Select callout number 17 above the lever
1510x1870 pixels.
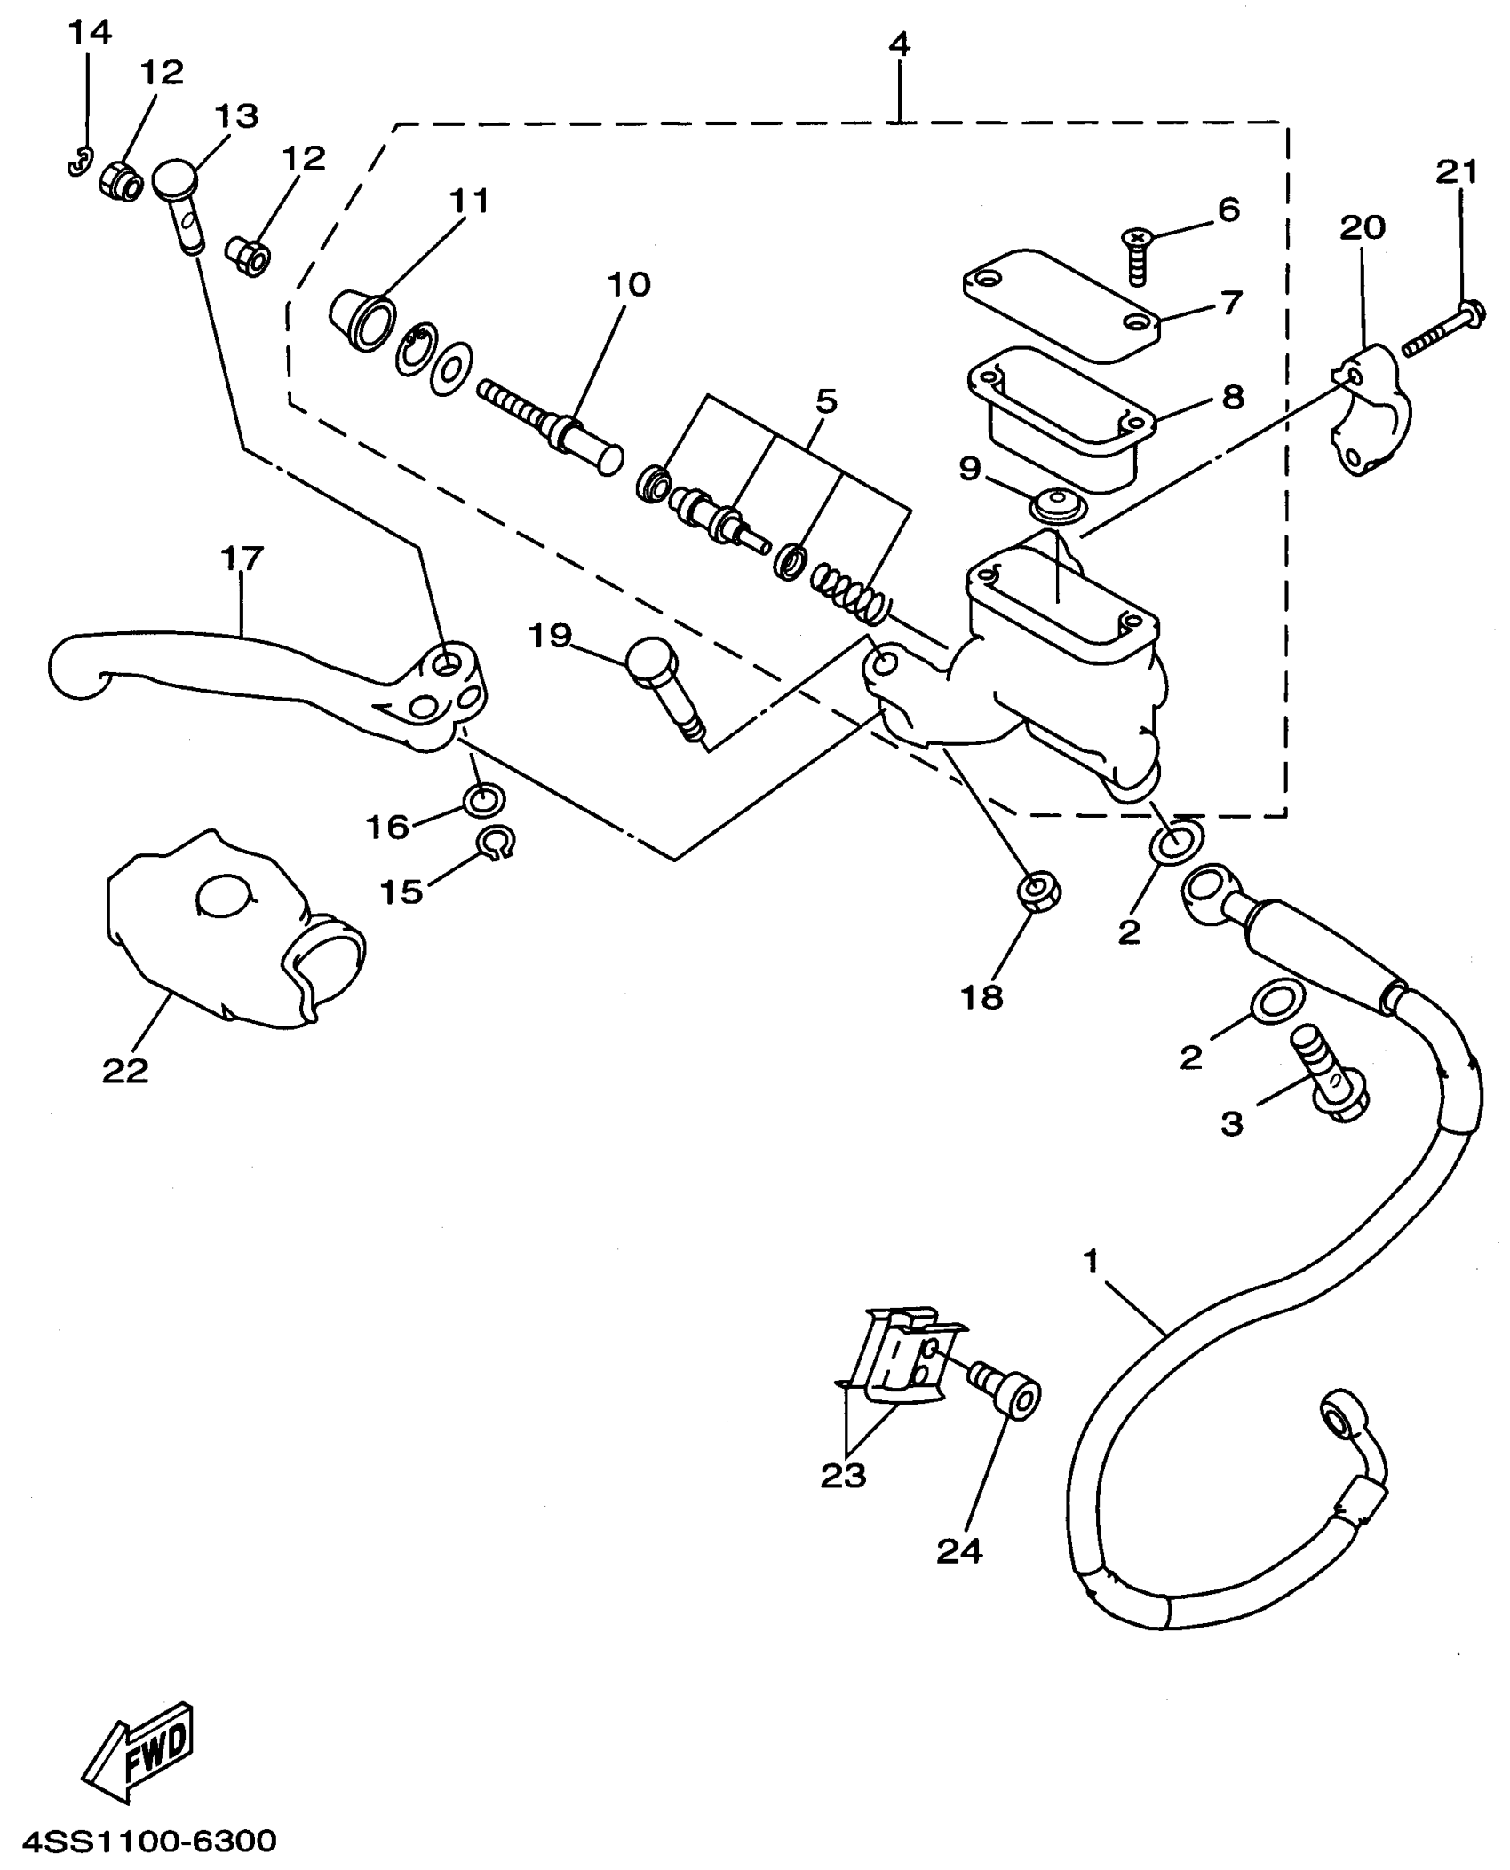242,559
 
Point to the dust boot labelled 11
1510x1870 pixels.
362,320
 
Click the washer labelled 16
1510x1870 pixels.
484,800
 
